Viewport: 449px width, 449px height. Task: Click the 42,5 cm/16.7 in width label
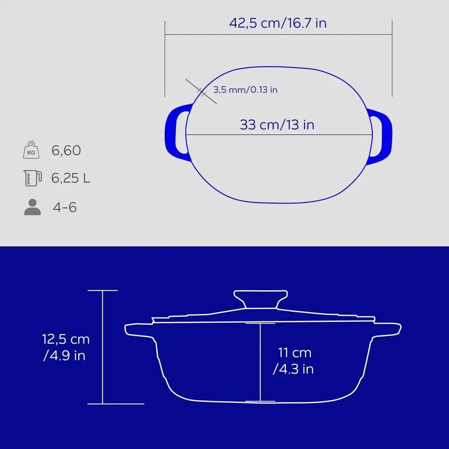click(278, 23)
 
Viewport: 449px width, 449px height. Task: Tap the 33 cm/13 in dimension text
click(277, 125)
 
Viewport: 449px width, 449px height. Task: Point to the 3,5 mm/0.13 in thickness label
click(245, 90)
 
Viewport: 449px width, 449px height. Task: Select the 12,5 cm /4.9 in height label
click(66, 347)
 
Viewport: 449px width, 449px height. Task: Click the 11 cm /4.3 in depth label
click(294, 361)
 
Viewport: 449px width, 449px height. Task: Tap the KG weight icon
click(31, 150)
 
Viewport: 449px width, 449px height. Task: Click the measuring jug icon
click(32, 178)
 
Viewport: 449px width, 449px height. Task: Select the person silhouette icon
click(32, 207)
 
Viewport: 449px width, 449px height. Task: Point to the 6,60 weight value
click(66, 150)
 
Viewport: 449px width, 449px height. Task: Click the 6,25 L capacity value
click(71, 178)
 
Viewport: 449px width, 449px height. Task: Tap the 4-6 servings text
click(65, 207)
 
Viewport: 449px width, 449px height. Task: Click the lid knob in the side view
click(260, 299)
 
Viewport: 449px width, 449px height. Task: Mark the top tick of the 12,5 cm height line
click(103, 290)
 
